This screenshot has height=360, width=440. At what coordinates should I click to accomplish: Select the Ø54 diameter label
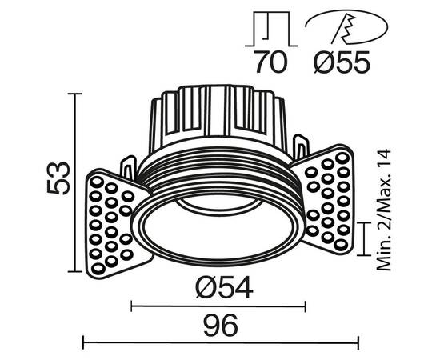point(218,286)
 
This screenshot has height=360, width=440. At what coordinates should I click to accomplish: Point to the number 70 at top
point(269,62)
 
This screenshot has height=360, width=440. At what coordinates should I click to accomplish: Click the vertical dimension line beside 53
point(77,184)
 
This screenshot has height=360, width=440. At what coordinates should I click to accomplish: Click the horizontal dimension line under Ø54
point(218,305)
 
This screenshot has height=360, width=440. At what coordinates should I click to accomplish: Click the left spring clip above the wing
point(128,166)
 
